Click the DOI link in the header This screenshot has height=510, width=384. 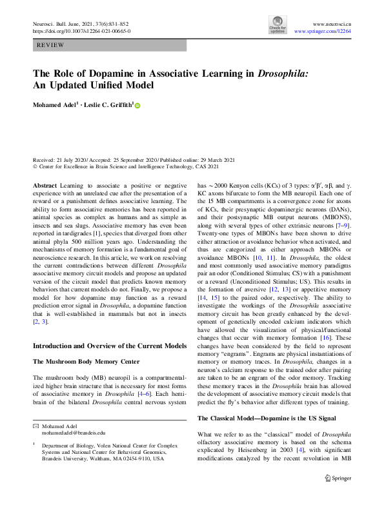coord(81,30)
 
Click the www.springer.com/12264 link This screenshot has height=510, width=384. coord(323,30)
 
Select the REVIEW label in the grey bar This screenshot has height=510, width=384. coord(50,45)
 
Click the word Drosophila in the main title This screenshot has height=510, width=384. coord(282,73)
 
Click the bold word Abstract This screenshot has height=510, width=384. coord(45,184)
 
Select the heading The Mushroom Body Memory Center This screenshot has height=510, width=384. coord(86,362)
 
